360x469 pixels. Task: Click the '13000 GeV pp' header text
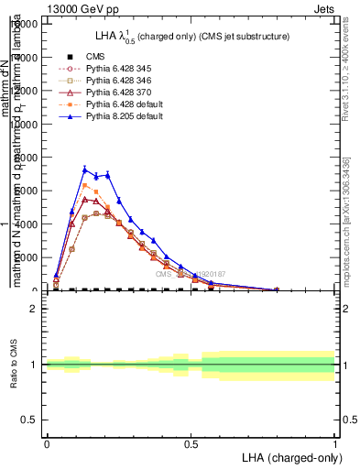coord(80,7)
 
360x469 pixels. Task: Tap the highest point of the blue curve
coord(85,169)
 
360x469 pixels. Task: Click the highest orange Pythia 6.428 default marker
coord(85,185)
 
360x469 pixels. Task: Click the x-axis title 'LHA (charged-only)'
coord(290,456)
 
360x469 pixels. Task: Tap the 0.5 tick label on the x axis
coord(191,442)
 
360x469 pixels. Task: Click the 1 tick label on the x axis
coord(335,442)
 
